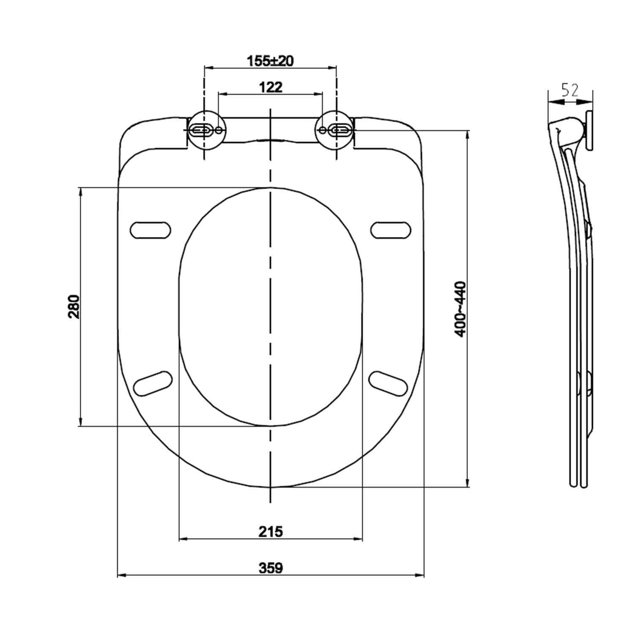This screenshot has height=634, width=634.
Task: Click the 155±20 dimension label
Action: pyautogui.click(x=270, y=61)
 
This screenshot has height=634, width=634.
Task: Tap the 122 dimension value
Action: pyautogui.click(x=271, y=87)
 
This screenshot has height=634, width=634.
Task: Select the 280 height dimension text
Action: pyautogui.click(x=74, y=306)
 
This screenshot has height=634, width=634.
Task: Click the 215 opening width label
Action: pyautogui.click(x=271, y=531)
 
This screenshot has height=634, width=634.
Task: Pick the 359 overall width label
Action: pyautogui.click(x=271, y=568)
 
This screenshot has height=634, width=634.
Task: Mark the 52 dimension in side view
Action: pyautogui.click(x=570, y=90)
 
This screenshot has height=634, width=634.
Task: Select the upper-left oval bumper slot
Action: pyautogui.click(x=150, y=230)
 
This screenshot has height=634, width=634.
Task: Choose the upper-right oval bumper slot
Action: pyautogui.click(x=391, y=230)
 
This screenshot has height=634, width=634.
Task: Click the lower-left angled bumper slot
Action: pyautogui.click(x=153, y=383)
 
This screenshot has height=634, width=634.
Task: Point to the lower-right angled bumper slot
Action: pyautogui.click(x=388, y=383)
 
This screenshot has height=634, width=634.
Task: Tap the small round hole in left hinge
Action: pyautogui.click(x=219, y=130)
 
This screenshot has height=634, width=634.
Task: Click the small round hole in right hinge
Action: pyautogui.click(x=322, y=130)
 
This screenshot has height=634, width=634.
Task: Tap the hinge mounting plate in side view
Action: pyautogui.click(x=589, y=131)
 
